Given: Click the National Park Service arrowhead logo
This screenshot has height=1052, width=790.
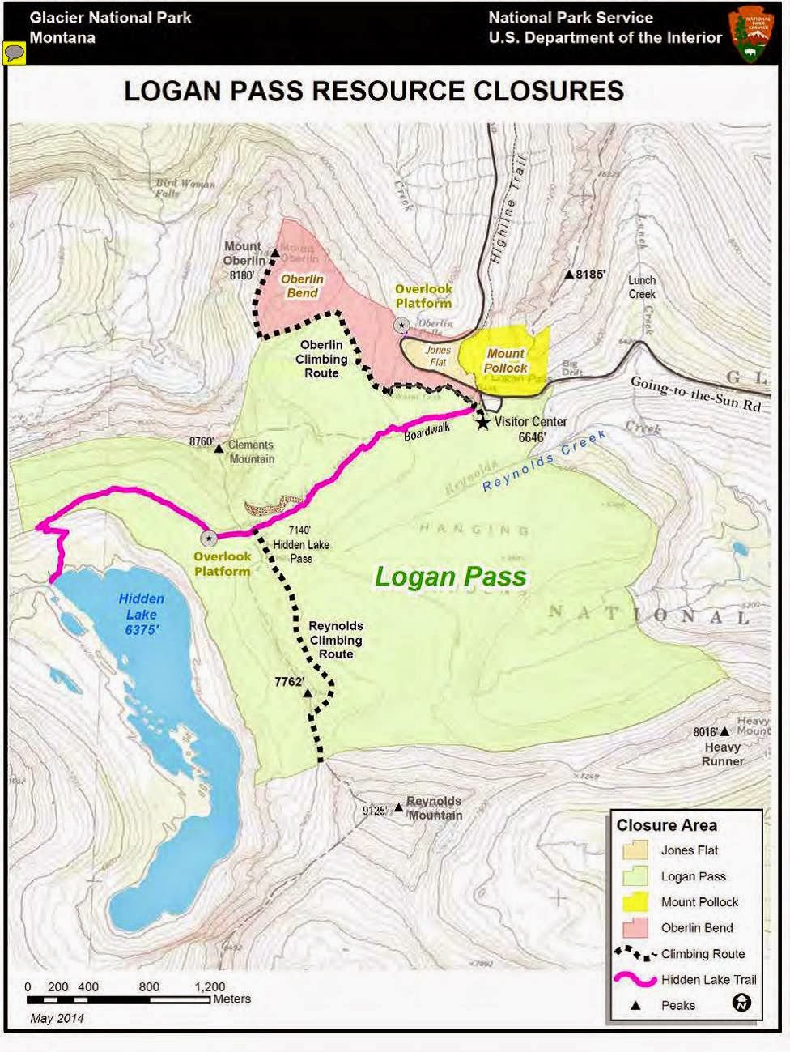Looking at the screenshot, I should click(x=750, y=33).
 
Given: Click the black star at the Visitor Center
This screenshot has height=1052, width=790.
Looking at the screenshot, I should click(x=482, y=423).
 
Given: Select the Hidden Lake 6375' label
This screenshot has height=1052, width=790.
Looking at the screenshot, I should click(x=142, y=614).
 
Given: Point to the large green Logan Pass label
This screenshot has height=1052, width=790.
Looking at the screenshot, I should click(x=450, y=577).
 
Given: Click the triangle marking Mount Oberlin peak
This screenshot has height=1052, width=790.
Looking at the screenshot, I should click(x=274, y=253).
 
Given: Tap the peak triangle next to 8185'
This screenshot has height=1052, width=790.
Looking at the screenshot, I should click(x=570, y=275).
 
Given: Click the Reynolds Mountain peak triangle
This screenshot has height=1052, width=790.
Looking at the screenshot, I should click(x=398, y=807).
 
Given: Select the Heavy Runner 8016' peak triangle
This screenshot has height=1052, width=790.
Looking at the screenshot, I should click(x=725, y=732).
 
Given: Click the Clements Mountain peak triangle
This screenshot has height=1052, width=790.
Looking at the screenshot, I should click(x=219, y=447).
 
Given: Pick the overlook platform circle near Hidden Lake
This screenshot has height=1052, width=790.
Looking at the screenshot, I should click(x=209, y=538).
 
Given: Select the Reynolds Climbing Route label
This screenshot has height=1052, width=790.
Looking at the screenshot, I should click(x=336, y=640).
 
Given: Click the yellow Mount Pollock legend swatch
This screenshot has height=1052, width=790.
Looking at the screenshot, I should click(x=635, y=901).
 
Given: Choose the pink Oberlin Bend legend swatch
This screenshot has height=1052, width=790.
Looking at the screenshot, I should click(x=635, y=927).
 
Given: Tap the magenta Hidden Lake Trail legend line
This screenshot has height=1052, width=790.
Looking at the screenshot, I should click(x=635, y=979).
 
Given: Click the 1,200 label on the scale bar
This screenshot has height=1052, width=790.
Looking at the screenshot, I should click(x=210, y=986).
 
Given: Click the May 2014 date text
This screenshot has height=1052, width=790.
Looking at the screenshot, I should click(x=57, y=1018).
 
